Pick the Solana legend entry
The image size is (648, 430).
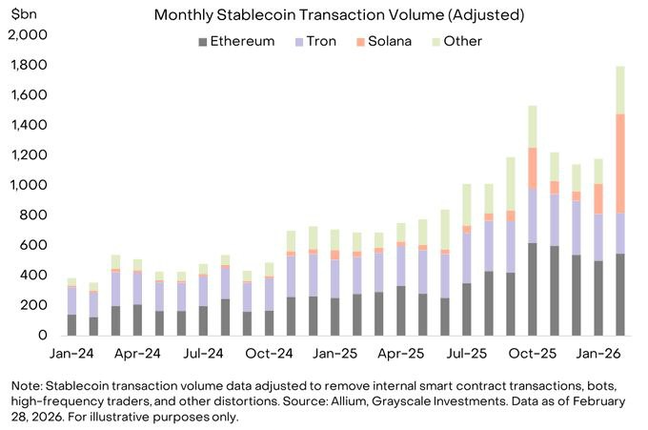coord(391,41)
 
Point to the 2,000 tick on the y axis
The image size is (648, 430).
coord(28,35)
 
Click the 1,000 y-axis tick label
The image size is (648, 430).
coord(28,185)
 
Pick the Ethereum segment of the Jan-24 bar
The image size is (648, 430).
coord(72,324)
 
